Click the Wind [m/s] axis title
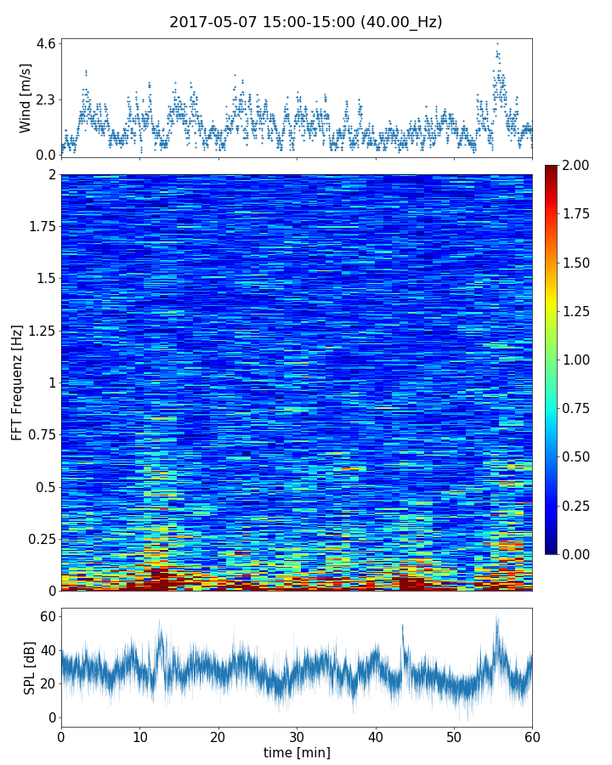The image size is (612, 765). tap(25, 97)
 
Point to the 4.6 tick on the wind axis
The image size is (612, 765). tap(46, 43)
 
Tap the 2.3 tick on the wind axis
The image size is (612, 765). tap(46, 99)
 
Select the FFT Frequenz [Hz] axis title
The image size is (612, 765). tap(17, 382)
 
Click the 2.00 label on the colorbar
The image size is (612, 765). tap(581, 166)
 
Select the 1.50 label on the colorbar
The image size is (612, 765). tap(581, 263)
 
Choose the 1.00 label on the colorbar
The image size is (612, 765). tap(581, 360)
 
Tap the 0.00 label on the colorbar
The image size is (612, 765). tap(581, 554)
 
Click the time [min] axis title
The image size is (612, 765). tap(297, 752)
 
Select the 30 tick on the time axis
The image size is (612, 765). tap(297, 736)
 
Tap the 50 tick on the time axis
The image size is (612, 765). tap(454, 736)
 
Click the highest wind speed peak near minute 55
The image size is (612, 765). tap(497, 43)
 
